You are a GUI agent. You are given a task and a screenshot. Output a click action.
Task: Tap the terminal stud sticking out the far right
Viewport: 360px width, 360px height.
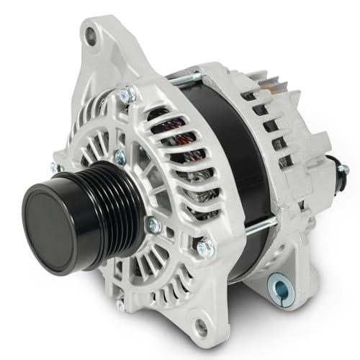[x=343, y=171]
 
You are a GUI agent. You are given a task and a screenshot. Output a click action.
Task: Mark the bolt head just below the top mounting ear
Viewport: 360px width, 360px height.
[x=129, y=93]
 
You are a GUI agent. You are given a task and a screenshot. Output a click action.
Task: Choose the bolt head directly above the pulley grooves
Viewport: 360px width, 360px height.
[x=119, y=157]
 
